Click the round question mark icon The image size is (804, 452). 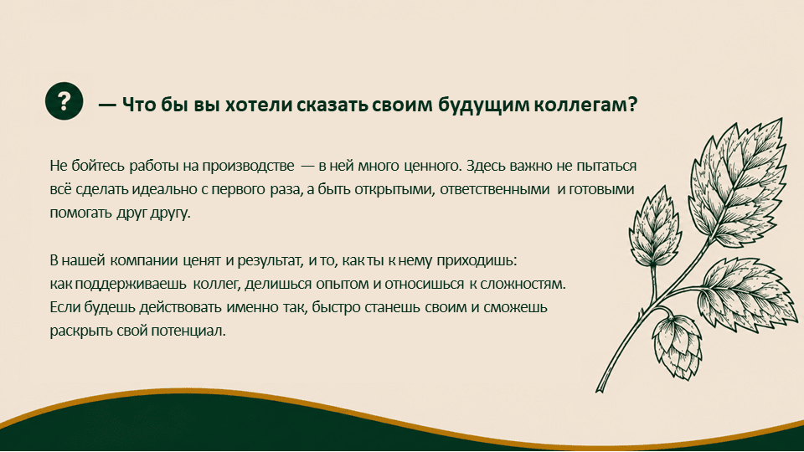coord(64,101)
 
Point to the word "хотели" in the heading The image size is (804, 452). coord(259,105)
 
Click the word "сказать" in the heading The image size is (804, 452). coord(332,105)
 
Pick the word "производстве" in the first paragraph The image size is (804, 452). coord(248,166)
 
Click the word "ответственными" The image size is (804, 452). coord(495,189)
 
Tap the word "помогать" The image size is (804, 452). coord(81,213)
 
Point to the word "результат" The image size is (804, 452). coord(270,260)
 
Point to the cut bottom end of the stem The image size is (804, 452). coord(598,391)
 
